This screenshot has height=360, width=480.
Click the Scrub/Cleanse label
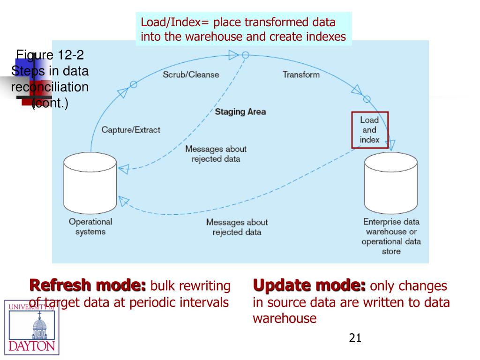click(x=191, y=75)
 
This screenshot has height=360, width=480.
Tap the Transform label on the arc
click(x=301, y=75)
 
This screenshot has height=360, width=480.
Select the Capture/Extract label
click(x=131, y=130)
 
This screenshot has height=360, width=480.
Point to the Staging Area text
click(x=240, y=112)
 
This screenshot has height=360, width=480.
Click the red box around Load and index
click(x=370, y=130)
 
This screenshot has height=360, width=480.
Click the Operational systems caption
click(x=90, y=227)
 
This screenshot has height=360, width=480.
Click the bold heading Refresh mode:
click(x=88, y=285)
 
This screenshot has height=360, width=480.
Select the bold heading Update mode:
click(x=309, y=285)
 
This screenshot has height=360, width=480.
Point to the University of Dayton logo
click(x=32, y=327)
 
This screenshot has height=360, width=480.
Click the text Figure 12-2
click(x=50, y=55)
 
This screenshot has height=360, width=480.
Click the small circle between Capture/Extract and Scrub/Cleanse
click(x=134, y=84)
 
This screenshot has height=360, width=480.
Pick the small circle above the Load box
click(x=367, y=99)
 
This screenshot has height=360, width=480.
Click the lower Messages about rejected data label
click(x=237, y=227)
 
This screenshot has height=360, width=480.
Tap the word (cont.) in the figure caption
click(x=50, y=104)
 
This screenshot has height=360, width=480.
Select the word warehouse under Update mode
click(x=285, y=319)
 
